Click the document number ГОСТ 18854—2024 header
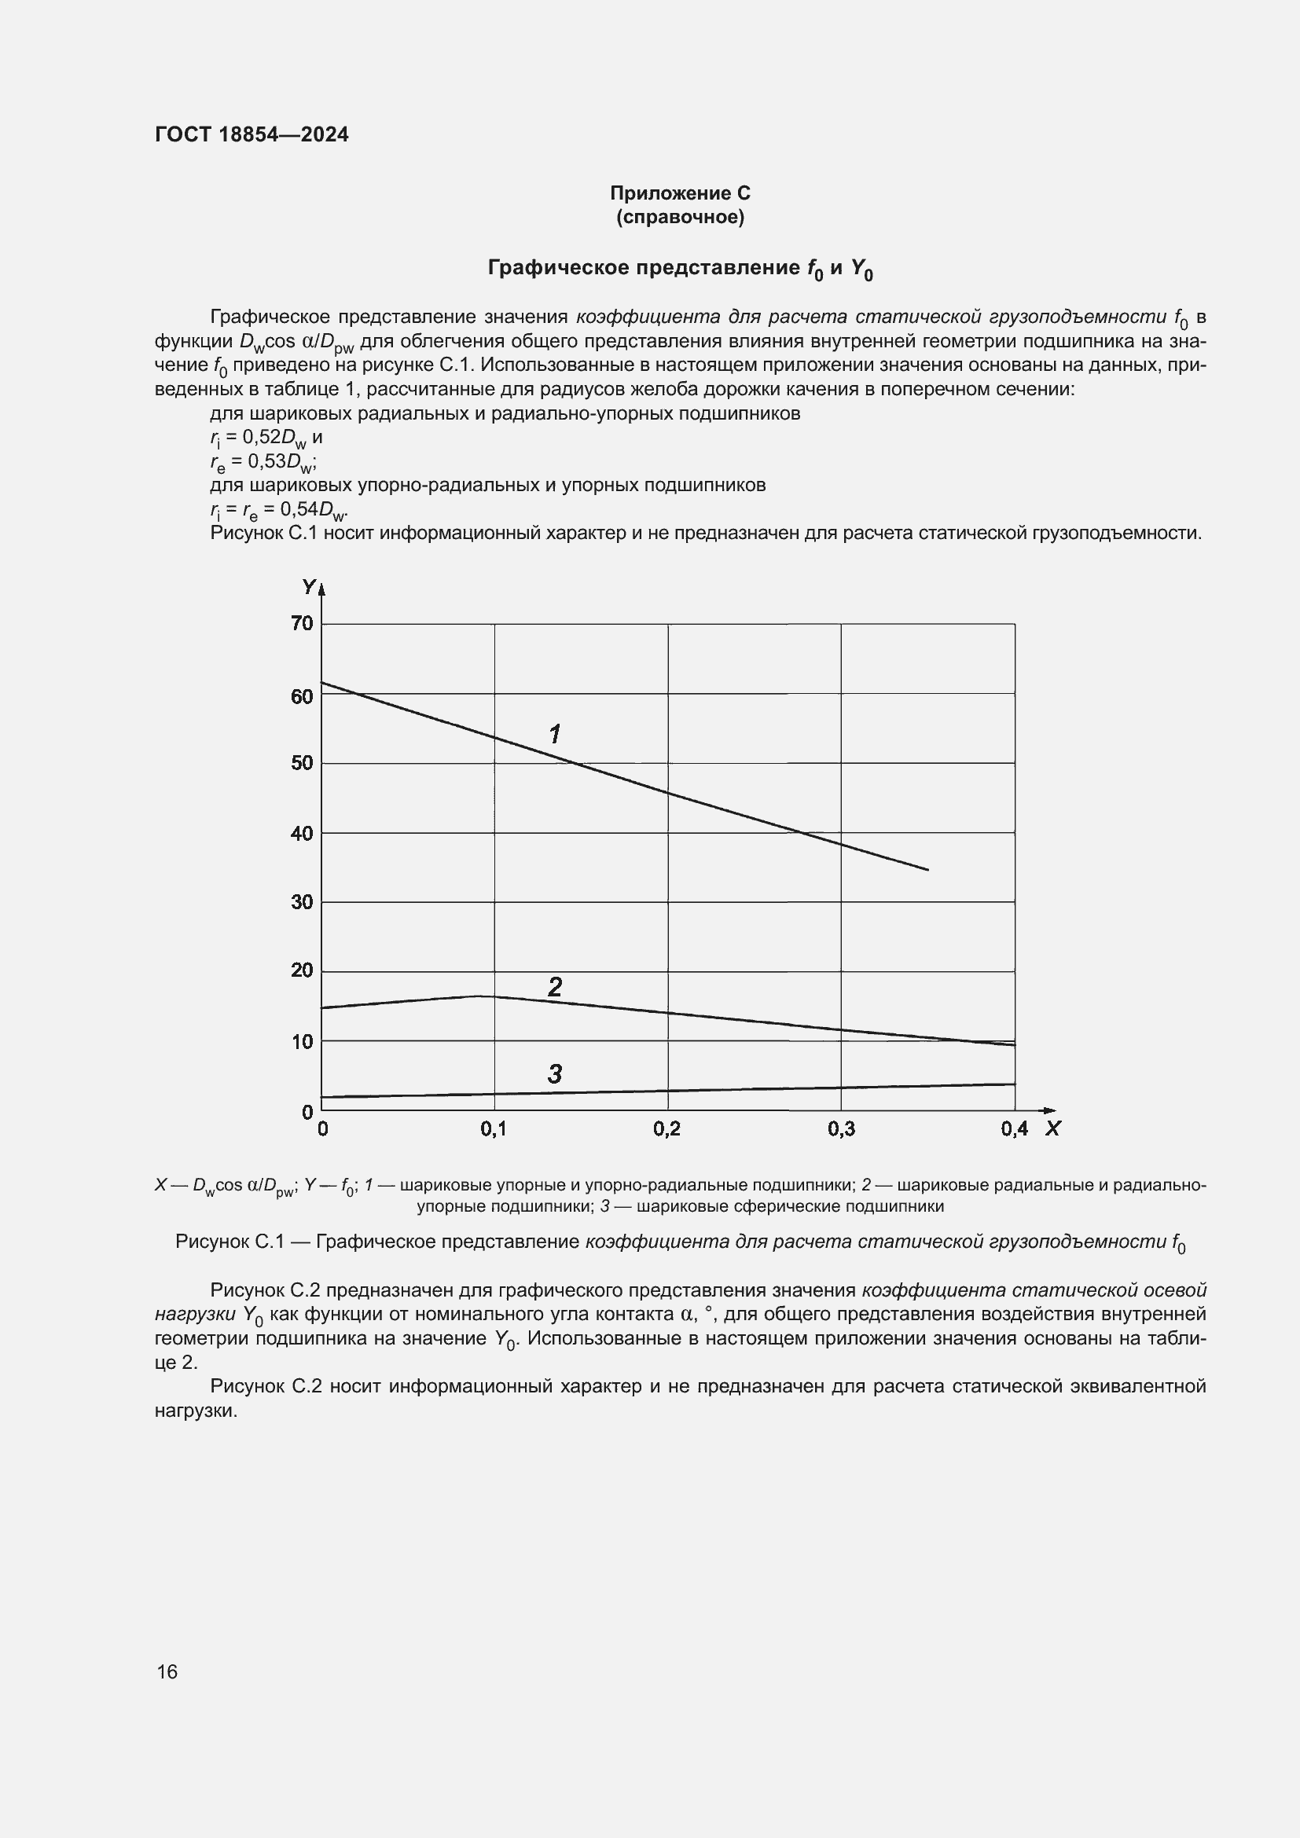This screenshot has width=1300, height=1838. pyautogui.click(x=252, y=134)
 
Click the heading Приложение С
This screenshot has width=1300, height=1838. pyautogui.click(x=680, y=193)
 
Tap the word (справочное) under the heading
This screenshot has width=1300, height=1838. pyautogui.click(x=680, y=217)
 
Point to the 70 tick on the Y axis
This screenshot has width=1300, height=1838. pyautogui.click(x=302, y=624)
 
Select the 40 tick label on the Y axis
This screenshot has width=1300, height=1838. pyautogui.click(x=302, y=833)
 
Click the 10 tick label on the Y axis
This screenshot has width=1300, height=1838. pyautogui.click(x=302, y=1041)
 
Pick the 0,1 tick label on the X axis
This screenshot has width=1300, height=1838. pyautogui.click(x=493, y=1129)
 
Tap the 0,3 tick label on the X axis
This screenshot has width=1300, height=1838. pyautogui.click(x=840, y=1129)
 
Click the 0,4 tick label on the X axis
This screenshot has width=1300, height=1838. pyautogui.click(x=1014, y=1129)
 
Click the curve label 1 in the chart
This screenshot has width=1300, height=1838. pyautogui.click(x=554, y=733)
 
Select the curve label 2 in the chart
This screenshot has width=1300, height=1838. pyautogui.click(x=555, y=987)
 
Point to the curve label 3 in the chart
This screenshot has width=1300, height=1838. pyautogui.click(x=555, y=1074)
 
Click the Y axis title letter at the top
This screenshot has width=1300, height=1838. pyautogui.click(x=308, y=587)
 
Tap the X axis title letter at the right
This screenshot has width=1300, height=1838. pyautogui.click(x=1052, y=1128)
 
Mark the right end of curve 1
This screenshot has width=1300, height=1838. pyautogui.click(x=927, y=869)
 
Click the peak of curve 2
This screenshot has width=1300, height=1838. pyautogui.click(x=479, y=996)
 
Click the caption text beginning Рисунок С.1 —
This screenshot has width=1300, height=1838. pyautogui.click(x=680, y=1242)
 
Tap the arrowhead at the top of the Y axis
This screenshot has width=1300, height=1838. pyautogui.click(x=321, y=589)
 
